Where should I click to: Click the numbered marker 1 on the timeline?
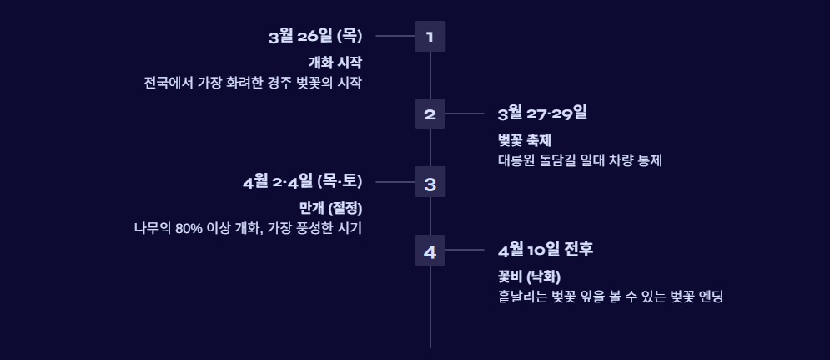[x=430, y=37]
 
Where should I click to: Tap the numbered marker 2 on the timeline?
[x=430, y=114]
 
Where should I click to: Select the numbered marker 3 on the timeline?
[x=430, y=182]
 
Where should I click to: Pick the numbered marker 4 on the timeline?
[x=430, y=250]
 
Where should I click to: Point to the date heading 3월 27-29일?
[x=542, y=114]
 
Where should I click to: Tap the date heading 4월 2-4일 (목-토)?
[x=302, y=182]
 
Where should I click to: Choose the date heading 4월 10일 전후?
[x=545, y=250]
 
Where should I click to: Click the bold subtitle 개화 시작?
[x=335, y=62]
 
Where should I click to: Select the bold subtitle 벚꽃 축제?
[x=525, y=139]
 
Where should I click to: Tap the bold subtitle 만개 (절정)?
[x=330, y=207]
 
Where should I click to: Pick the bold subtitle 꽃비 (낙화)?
[x=529, y=276]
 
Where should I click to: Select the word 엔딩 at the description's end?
[x=711, y=296]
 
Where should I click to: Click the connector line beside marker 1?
[x=395, y=37]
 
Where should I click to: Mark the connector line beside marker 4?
[x=465, y=250]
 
